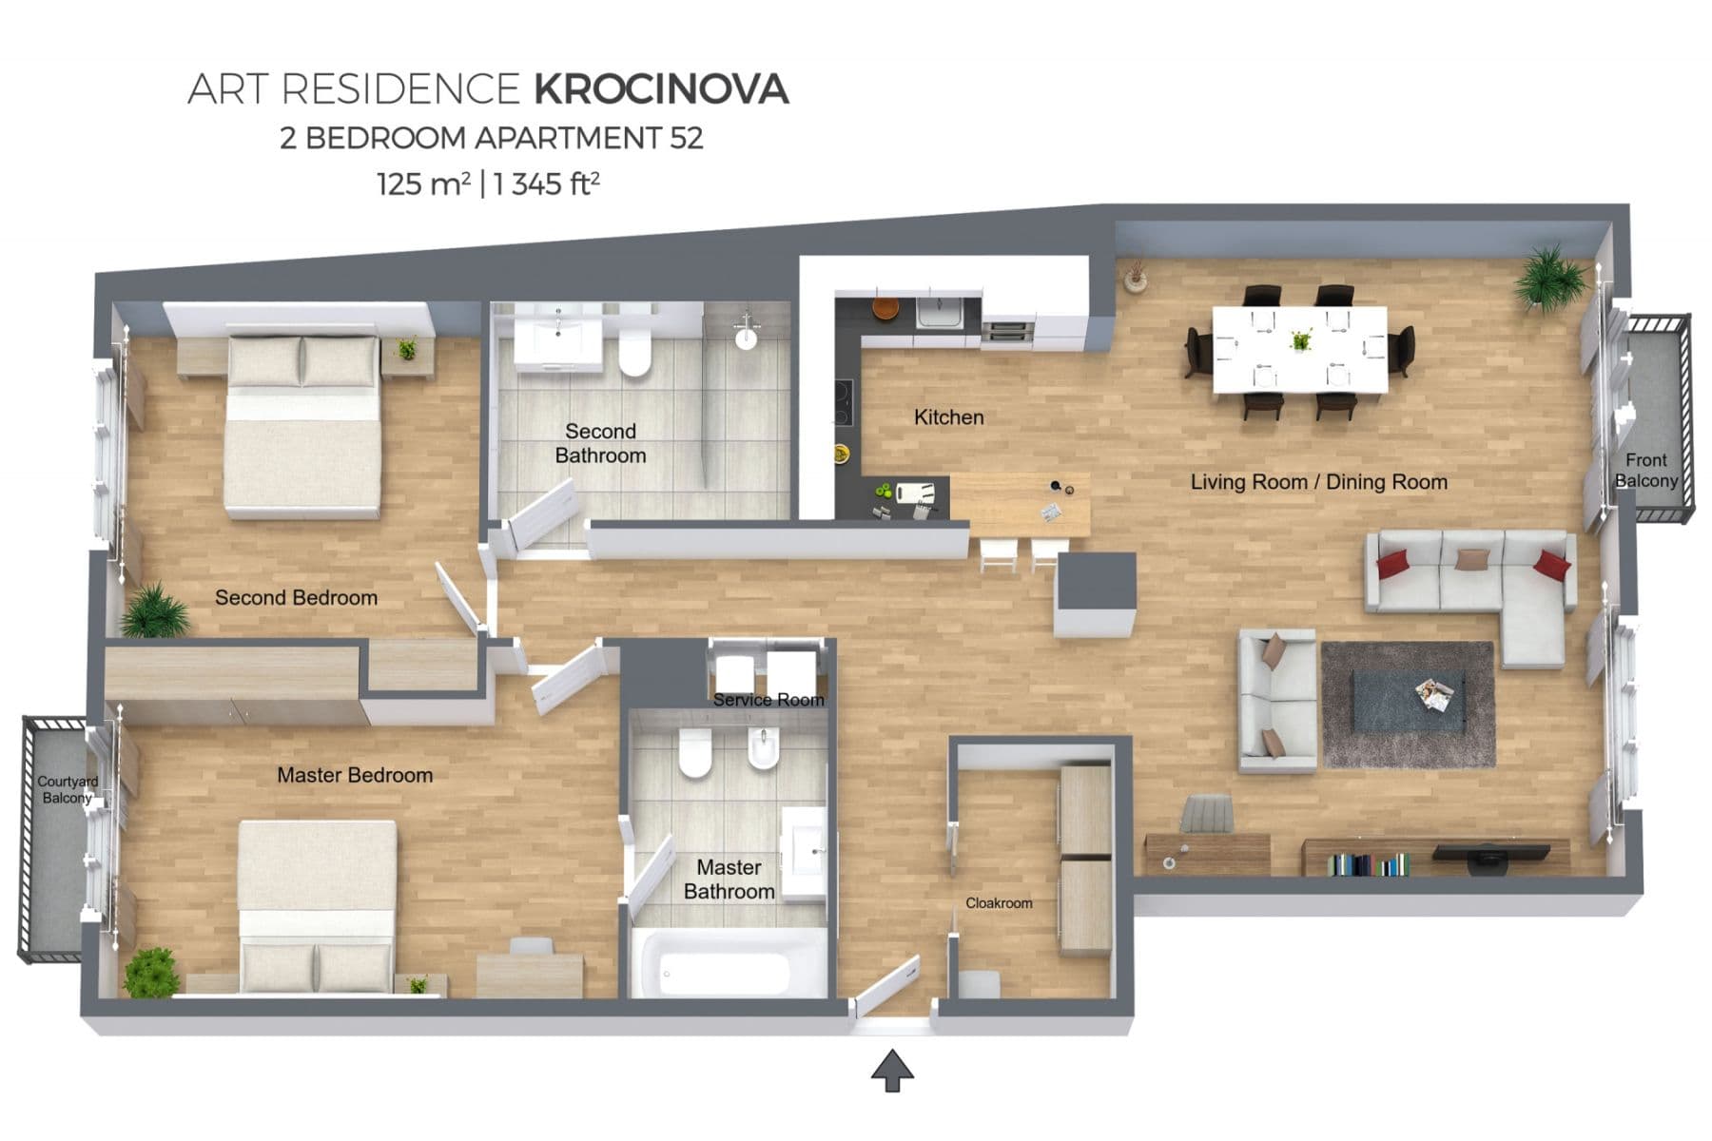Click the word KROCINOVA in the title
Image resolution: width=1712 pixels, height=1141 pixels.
tap(660, 89)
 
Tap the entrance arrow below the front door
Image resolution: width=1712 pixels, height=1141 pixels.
tap(892, 1071)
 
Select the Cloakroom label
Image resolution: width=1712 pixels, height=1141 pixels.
tap(998, 902)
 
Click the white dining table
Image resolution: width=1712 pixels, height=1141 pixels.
tap(1299, 349)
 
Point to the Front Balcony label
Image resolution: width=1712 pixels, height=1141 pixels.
tap(1645, 470)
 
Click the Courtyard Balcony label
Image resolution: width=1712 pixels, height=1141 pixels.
tap(67, 789)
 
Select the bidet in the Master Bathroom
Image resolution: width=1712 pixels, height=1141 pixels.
tap(763, 753)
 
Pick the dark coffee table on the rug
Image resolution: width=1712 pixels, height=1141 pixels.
tap(1408, 701)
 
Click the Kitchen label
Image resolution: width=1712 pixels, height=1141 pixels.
tap(948, 417)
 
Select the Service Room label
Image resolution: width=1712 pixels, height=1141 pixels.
tap(768, 700)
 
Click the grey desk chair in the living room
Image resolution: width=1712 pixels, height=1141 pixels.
tap(1208, 815)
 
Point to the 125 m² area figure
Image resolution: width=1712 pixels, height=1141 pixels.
tap(423, 183)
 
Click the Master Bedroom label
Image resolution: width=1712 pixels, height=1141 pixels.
tap(355, 775)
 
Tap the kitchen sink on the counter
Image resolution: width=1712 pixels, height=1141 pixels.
tap(940, 313)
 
